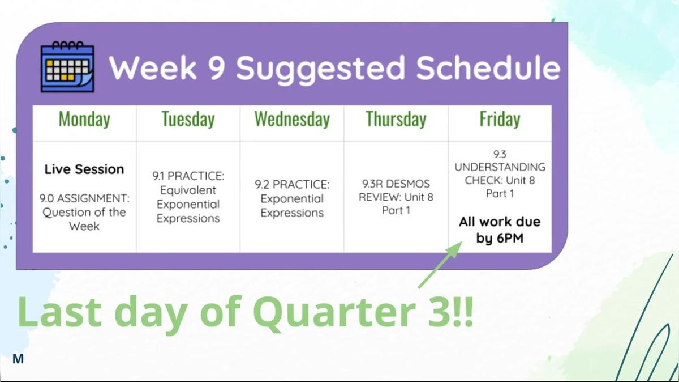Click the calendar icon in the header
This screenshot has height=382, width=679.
[67, 66]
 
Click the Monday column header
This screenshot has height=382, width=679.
[84, 120]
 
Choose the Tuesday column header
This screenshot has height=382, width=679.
[188, 120]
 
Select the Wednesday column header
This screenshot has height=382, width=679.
[292, 120]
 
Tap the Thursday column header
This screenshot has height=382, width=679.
[396, 120]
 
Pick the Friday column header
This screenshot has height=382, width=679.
[500, 120]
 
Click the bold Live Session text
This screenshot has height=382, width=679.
[84, 169]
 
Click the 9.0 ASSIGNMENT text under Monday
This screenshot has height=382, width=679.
[84, 198]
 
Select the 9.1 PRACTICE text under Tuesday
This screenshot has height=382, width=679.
[188, 176]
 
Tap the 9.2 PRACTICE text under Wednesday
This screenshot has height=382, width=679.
[292, 184]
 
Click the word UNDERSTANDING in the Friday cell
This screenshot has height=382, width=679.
[500, 167]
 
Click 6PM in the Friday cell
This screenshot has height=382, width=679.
[510, 238]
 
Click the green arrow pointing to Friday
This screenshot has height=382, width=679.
[440, 265]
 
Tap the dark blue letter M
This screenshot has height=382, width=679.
[18, 359]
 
